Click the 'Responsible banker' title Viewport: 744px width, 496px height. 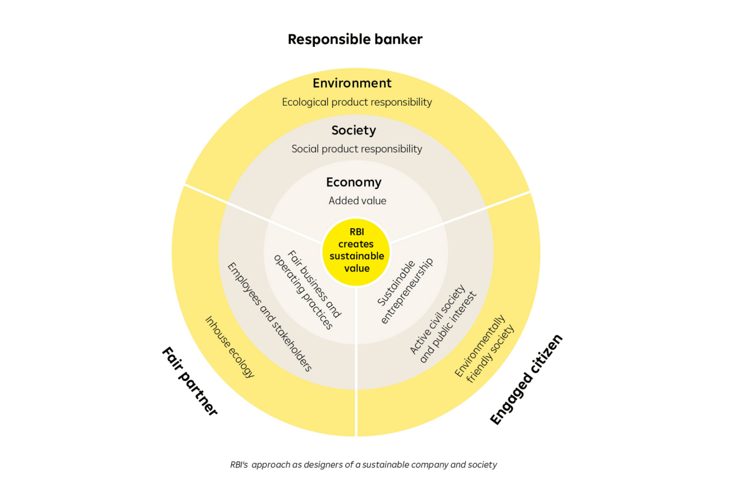click(x=355, y=39)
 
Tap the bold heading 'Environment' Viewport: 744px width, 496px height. click(x=352, y=83)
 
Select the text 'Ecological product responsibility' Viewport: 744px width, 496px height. click(x=357, y=102)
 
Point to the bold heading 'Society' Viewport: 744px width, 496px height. click(x=353, y=130)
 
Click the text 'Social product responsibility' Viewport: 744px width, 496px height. click(x=357, y=149)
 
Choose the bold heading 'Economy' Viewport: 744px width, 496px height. click(x=353, y=182)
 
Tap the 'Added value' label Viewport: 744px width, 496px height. click(x=357, y=201)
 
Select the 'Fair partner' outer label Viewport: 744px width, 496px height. click(x=190, y=381)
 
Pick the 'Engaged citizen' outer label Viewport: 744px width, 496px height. click(x=526, y=380)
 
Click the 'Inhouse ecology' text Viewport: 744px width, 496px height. click(x=230, y=347)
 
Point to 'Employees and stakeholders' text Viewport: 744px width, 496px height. click(x=269, y=316)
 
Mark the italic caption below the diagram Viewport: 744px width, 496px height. click(x=363, y=465)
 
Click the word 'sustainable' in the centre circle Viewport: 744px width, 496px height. click(x=357, y=256)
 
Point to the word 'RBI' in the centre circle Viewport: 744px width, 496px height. click(x=357, y=232)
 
